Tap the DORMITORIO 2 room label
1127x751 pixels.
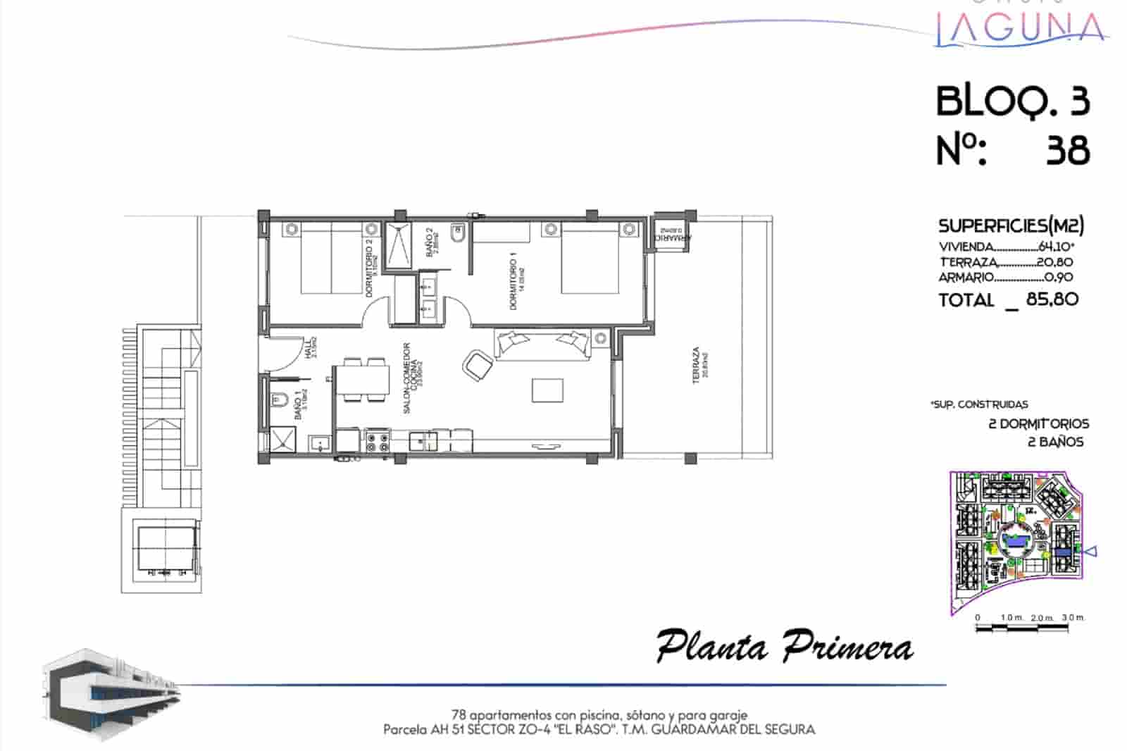point(369,266)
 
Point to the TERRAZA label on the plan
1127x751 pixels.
point(697,365)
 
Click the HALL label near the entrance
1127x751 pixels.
point(308,348)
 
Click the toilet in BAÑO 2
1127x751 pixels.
point(458,235)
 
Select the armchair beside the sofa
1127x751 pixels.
point(478,364)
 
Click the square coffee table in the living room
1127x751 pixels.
point(547,390)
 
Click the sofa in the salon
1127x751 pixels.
point(542,345)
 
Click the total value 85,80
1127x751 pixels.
point(1052,299)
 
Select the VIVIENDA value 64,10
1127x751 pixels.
point(1055,247)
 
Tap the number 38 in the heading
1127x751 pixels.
point(1068,151)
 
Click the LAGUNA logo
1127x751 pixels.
point(1019,28)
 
